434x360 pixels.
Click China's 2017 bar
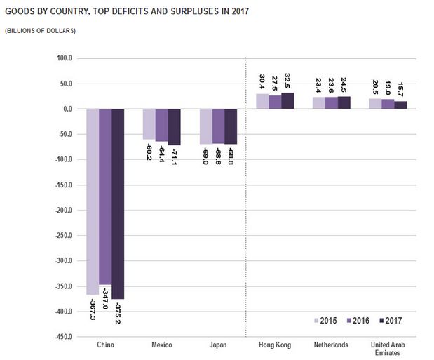coord(117,204)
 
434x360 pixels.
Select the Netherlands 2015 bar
coord(319,103)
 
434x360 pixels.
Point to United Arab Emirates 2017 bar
coord(400,105)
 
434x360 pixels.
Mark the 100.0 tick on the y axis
coord(65,58)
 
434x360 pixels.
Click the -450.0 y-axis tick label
coord(64,337)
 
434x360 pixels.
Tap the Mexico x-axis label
coord(162,345)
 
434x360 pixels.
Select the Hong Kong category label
coord(275,345)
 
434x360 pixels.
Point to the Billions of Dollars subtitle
coord(41,31)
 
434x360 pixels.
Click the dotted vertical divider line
coord(246,211)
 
